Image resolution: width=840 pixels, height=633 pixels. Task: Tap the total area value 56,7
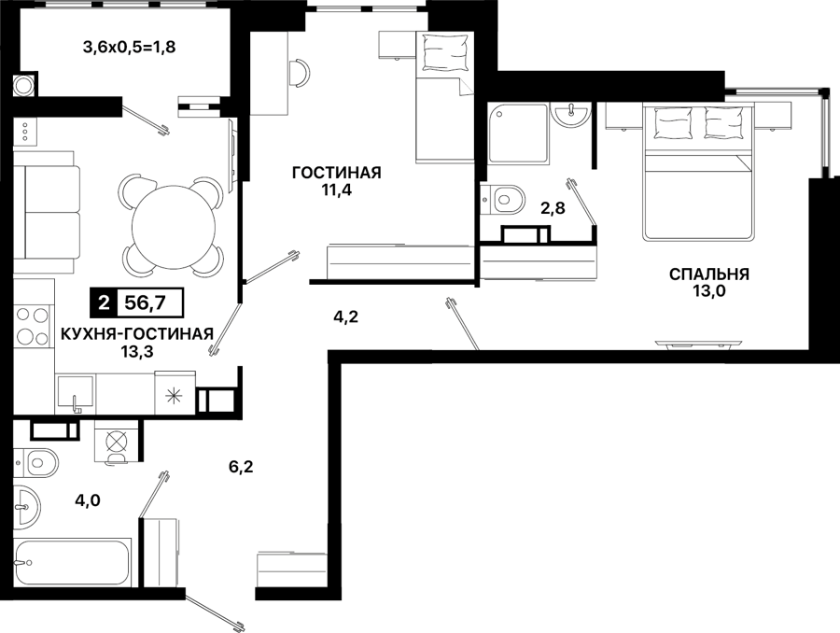[145, 303]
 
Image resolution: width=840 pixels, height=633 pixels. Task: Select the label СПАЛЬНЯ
[708, 274]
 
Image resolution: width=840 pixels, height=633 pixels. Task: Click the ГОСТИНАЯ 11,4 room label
[336, 181]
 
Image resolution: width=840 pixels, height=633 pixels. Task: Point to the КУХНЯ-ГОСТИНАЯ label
[137, 334]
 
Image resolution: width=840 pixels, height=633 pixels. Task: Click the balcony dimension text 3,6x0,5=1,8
[129, 48]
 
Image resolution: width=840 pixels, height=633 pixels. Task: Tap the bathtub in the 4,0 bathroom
[72, 563]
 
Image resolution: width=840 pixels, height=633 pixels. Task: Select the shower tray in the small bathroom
[519, 133]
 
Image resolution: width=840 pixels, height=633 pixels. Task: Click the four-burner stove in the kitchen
[32, 326]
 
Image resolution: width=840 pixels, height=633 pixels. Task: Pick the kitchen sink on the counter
[75, 393]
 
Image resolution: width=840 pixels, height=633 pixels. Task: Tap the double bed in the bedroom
[698, 172]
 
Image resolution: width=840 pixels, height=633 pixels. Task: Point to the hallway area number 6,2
[241, 468]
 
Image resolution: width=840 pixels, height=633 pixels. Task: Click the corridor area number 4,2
[345, 317]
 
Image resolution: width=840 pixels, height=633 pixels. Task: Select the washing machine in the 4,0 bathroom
[117, 441]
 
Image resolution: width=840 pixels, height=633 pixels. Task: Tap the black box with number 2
[105, 303]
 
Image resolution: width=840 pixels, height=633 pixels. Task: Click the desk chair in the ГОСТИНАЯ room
[300, 73]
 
